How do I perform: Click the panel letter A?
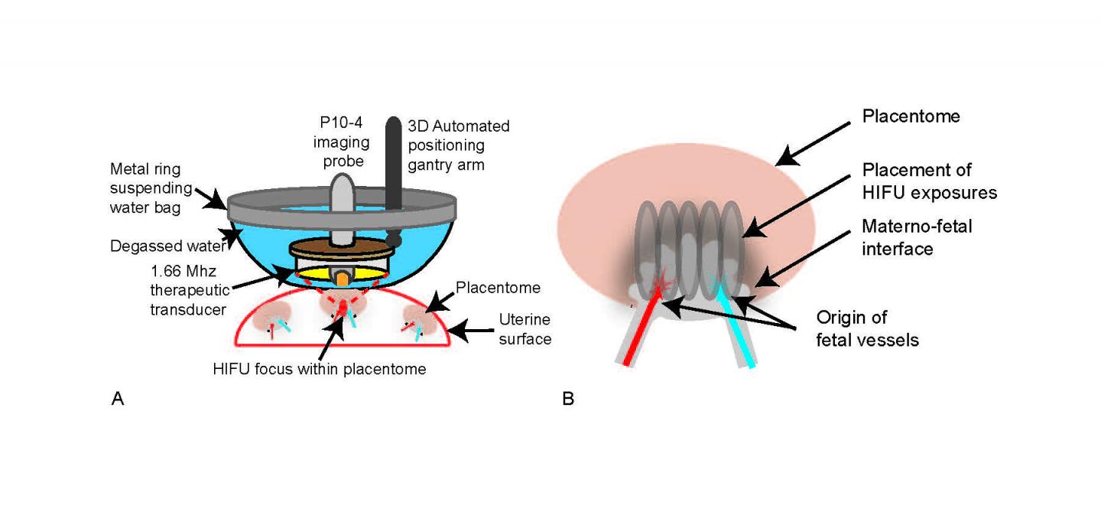(118, 398)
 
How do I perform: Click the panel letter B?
(568, 398)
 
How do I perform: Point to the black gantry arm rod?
(394, 168)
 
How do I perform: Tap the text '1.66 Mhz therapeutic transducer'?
(188, 290)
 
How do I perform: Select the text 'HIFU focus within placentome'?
(319, 368)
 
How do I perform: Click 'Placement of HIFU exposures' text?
(928, 181)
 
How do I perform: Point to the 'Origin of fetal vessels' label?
(867, 328)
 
